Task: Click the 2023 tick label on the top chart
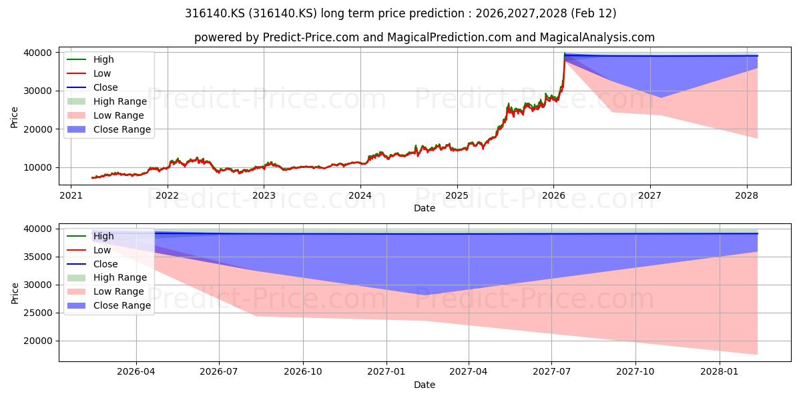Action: pos(264,195)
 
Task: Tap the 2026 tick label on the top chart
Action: pos(553,195)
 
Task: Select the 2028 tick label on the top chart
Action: pos(747,195)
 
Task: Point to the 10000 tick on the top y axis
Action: pos(38,167)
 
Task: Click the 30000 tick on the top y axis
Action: pos(38,91)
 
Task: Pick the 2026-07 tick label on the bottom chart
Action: pos(219,372)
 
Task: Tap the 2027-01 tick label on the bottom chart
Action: pos(386,372)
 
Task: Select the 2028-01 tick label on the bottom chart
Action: pos(720,372)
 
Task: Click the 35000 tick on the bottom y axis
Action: pos(38,257)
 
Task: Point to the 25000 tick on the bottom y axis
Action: pos(38,313)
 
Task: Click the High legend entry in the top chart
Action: pos(91,59)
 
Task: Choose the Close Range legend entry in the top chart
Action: pos(109,129)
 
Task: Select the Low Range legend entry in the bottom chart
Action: pos(105,291)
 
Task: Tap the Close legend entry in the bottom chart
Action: pos(92,264)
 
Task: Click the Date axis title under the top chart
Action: pos(425,208)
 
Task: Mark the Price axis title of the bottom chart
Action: pos(15,293)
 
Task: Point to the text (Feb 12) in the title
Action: pos(593,13)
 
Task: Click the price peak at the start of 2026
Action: pos(564,53)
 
